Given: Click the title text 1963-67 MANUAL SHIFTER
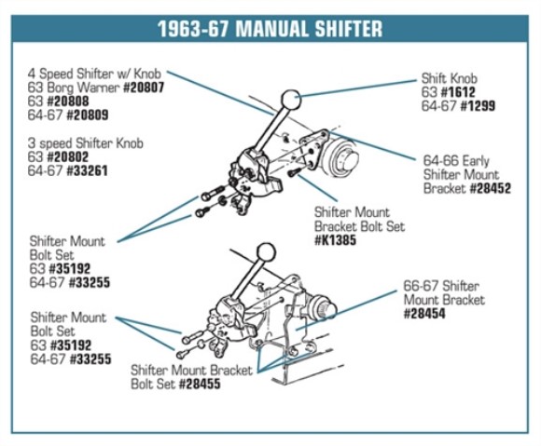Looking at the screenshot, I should click(x=270, y=28).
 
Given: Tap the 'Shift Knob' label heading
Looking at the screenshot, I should click(x=451, y=79).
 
